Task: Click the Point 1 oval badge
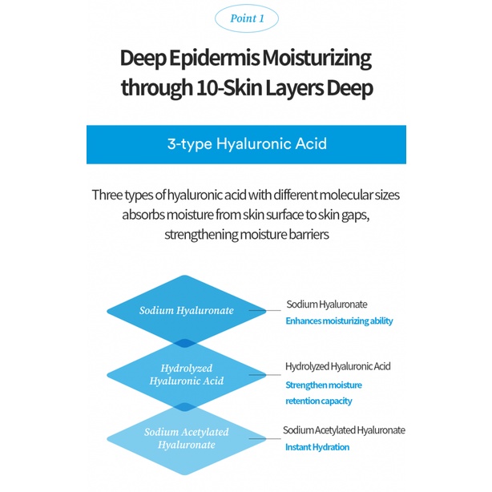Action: (245, 18)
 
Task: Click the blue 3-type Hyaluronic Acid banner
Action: (246, 145)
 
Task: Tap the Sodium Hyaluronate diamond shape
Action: (186, 310)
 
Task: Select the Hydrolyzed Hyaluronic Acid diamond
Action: (186, 374)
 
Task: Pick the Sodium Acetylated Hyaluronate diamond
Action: (186, 438)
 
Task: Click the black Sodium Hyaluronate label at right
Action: (327, 304)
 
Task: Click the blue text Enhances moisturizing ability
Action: (339, 321)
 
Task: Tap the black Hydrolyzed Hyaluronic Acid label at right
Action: (337, 366)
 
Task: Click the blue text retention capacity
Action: (319, 401)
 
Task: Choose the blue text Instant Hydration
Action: (317, 447)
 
